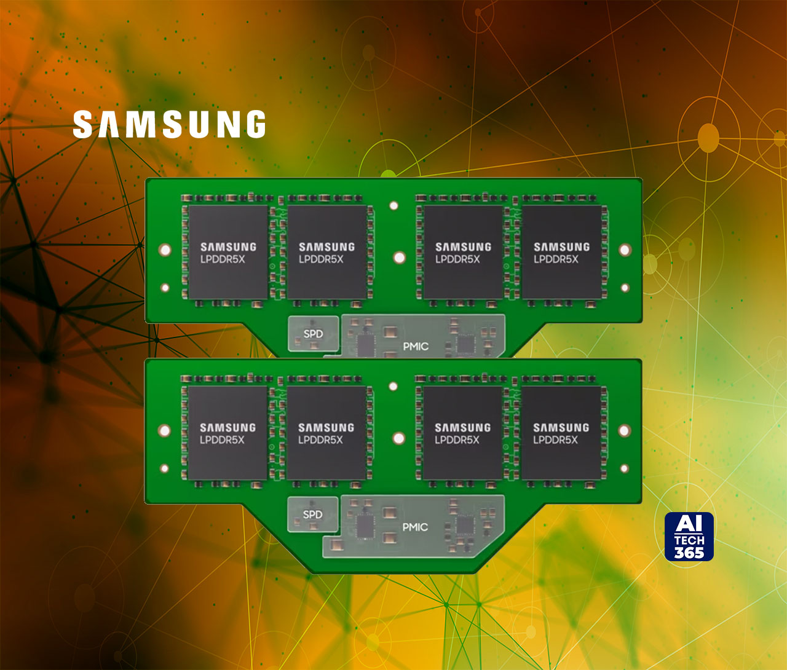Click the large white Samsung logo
[169, 124]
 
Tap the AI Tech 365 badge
[689, 537]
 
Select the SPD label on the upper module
[314, 334]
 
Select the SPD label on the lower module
[313, 514]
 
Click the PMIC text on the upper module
[416, 347]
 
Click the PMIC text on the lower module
[415, 527]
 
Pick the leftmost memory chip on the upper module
[228, 253]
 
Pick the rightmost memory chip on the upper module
[561, 253]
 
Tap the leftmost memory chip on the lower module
[227, 433]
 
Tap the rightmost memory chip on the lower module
[561, 433]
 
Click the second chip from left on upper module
[327, 253]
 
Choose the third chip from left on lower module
[463, 433]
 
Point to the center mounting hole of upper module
[400, 257]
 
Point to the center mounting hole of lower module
[399, 438]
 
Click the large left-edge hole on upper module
[165, 250]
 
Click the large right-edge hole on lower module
[624, 430]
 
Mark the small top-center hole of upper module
[394, 205]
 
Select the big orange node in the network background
[708, 138]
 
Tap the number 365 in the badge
[689, 552]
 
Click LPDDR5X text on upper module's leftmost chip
[223, 259]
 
